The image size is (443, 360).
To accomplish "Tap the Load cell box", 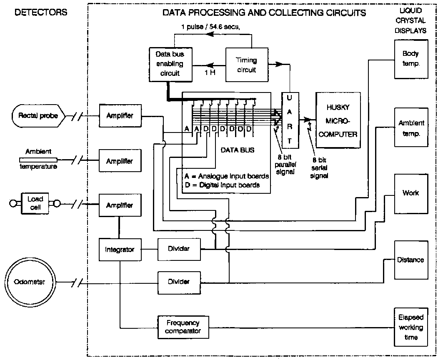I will tap(35, 202).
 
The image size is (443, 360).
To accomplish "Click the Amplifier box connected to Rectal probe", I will tap(120, 115).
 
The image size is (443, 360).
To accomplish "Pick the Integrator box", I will tap(120, 250).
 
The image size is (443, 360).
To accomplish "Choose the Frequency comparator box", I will tap(183, 327).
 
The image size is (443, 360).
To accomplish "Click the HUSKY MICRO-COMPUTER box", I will tap(338, 120).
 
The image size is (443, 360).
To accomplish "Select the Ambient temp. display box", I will tap(411, 128).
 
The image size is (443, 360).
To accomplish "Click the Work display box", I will tap(410, 193).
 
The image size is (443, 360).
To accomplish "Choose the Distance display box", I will tap(410, 260).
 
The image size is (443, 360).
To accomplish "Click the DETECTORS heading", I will tap(41, 12).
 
